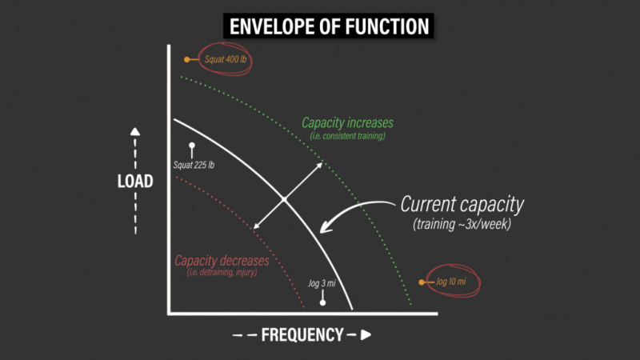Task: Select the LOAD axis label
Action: pyautogui.click(x=135, y=182)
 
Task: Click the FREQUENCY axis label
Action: pyautogui.click(x=302, y=334)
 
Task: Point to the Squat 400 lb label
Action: pyautogui.click(x=226, y=59)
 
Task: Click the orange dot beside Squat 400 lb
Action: pyautogui.click(x=186, y=59)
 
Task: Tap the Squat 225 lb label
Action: pyautogui.click(x=194, y=165)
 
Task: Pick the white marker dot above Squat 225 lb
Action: pyautogui.click(x=192, y=146)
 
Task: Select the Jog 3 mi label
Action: pyautogui.click(x=322, y=283)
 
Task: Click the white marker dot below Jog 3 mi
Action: pyautogui.click(x=322, y=303)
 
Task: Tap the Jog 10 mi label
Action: pyautogui.click(x=450, y=282)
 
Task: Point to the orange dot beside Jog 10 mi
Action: pyautogui.click(x=422, y=282)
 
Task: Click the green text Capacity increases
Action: pyautogui.click(x=347, y=122)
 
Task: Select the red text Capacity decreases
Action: pyautogui.click(x=222, y=261)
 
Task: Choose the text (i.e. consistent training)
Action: pyautogui.click(x=347, y=136)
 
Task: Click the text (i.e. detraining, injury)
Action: pyautogui.click(x=222, y=272)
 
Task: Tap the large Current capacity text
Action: pyautogui.click(x=462, y=204)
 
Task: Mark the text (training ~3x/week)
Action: pyautogui.click(x=462, y=224)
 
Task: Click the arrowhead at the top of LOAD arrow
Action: pyautogui.click(x=135, y=131)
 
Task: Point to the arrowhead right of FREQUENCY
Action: pyautogui.click(x=366, y=334)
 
